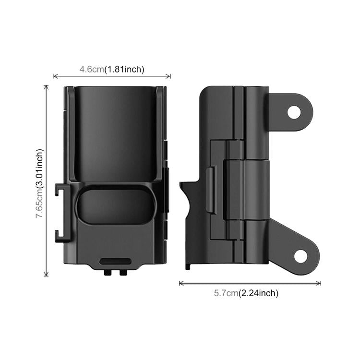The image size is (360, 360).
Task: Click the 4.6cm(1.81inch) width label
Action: coord(112,69)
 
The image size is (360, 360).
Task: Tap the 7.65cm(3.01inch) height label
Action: coord(39,183)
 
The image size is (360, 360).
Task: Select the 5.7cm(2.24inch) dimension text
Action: coord(246,293)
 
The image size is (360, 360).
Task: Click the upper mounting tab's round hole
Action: coord(294,112)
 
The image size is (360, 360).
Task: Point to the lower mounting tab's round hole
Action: coord(300,256)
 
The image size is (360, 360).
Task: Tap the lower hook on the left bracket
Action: coord(60,236)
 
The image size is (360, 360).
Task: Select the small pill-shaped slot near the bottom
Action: coord(116,261)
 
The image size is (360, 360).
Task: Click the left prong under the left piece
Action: coord(107,272)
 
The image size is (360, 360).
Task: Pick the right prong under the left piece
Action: coord(123,272)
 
